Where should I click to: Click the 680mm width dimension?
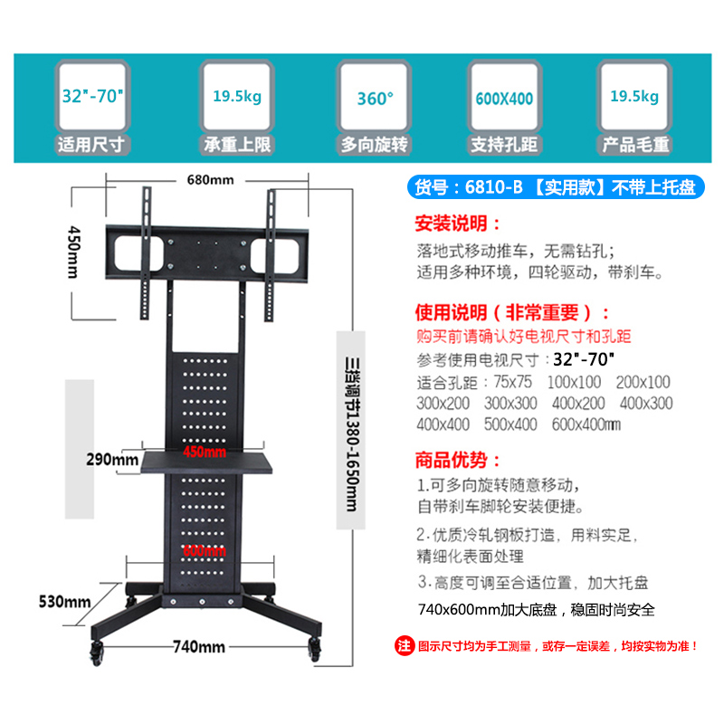click(209, 179)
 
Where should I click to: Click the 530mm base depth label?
click(64, 601)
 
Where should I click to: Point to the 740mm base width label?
click(198, 646)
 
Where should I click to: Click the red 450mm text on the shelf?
click(205, 451)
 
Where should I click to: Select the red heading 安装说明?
click(457, 223)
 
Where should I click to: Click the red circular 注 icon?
click(405, 646)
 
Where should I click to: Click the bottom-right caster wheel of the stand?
click(315, 648)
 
